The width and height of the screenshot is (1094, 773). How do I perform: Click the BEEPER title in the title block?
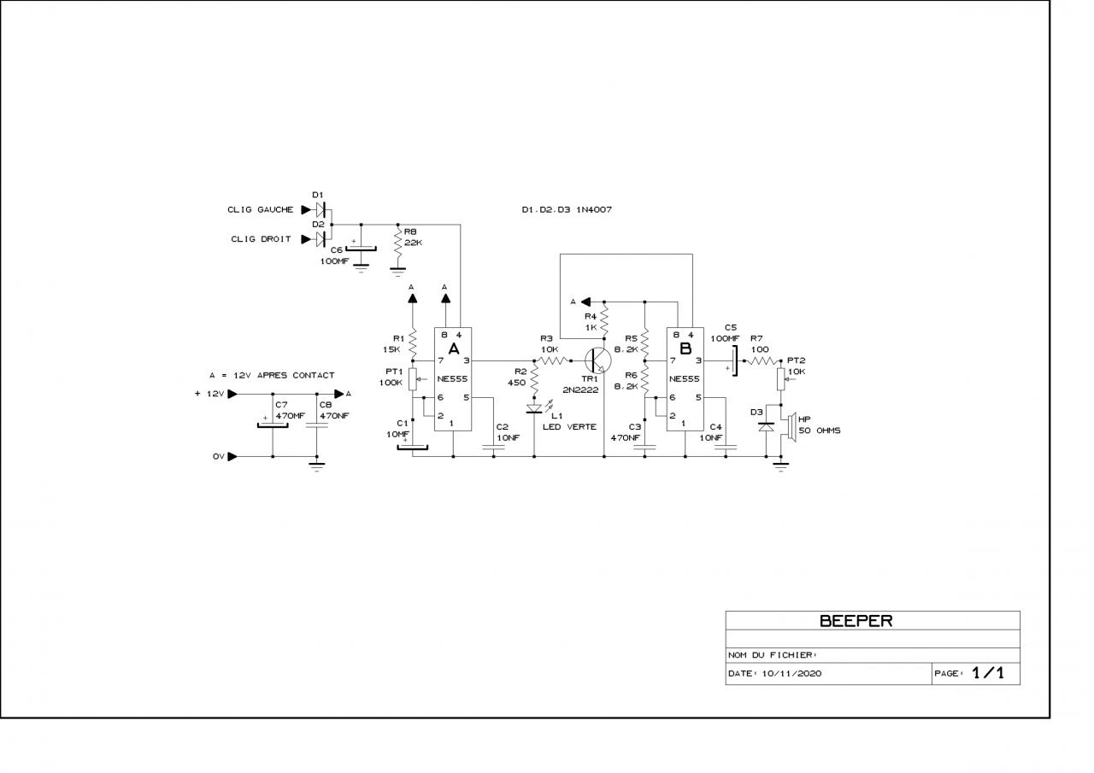coord(856,621)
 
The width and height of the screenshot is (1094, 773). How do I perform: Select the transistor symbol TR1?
coord(599,360)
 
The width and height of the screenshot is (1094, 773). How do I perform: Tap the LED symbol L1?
coord(534,408)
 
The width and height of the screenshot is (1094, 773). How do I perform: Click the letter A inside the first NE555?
coord(454,348)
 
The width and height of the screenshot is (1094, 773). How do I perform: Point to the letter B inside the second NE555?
coord(685,348)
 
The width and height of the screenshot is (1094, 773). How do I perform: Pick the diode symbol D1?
coord(322,209)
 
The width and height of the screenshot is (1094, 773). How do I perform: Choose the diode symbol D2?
coord(322,238)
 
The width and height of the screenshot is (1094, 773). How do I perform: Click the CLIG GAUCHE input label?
coord(260,209)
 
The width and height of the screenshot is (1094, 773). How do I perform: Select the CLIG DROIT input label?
coord(261,239)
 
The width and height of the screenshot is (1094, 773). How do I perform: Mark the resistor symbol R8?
coord(397,245)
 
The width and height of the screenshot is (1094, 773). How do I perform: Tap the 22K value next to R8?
coord(414,243)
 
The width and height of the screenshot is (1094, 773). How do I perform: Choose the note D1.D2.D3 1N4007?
coord(567,209)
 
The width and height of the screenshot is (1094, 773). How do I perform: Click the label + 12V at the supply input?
coord(209,394)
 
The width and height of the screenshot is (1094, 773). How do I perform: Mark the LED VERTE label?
coord(569,427)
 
